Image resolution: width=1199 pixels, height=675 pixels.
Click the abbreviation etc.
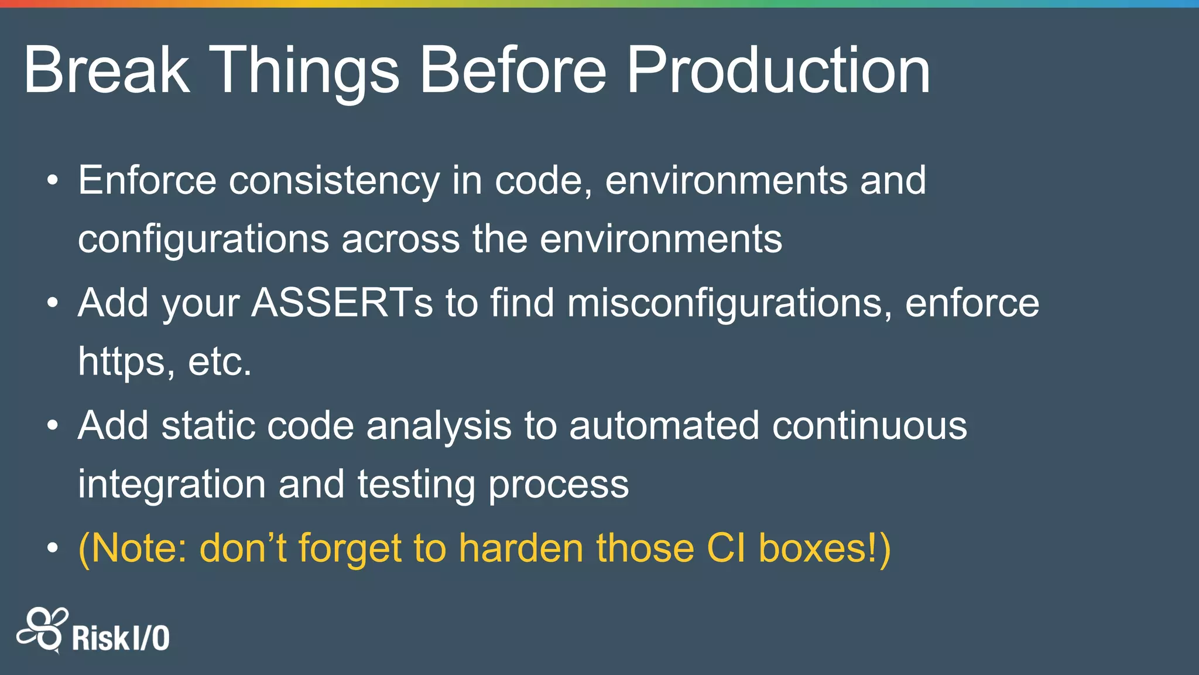[x=220, y=362]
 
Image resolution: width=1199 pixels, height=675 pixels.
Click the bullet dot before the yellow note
[x=53, y=548]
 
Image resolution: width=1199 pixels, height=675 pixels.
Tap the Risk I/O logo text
[x=121, y=638]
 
